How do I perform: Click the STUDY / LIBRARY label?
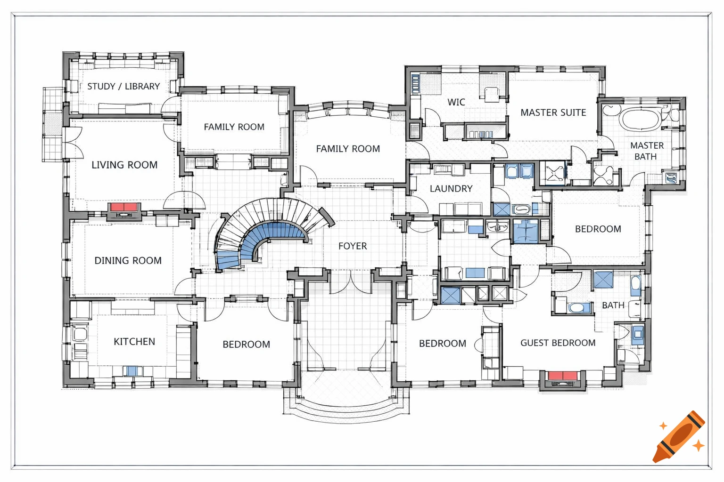click(x=123, y=86)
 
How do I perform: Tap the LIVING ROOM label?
click(x=124, y=165)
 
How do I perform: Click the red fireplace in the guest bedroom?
click(x=563, y=376)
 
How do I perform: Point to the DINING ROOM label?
click(x=128, y=260)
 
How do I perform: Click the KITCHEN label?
click(x=134, y=341)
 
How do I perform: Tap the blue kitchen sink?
click(x=132, y=371)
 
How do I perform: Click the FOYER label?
click(x=353, y=246)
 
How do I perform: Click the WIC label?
click(x=456, y=102)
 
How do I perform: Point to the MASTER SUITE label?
click(x=553, y=112)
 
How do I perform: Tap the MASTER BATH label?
click(x=647, y=151)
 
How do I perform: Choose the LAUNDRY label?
click(x=451, y=188)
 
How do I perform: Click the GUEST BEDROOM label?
click(x=558, y=343)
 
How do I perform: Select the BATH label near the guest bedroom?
click(x=613, y=305)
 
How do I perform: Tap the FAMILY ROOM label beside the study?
click(x=234, y=127)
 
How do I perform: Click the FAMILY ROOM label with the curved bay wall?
click(x=348, y=149)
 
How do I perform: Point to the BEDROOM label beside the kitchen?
click(x=246, y=344)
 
